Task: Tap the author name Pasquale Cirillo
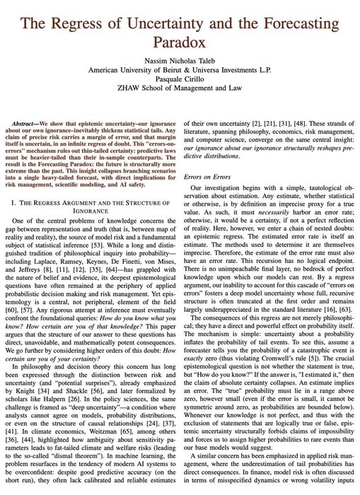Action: coord(180,82)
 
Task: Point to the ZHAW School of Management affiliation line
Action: coord(180,92)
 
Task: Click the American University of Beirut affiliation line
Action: coord(180,71)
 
